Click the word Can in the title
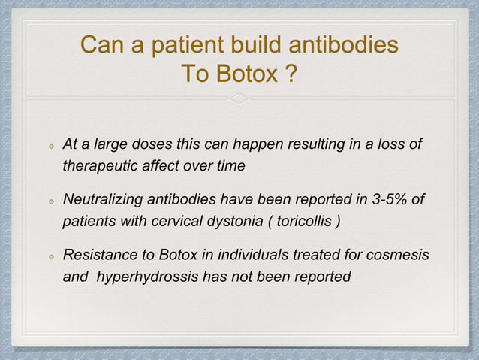pyautogui.click(x=103, y=47)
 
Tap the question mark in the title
pyautogui.click(x=290, y=75)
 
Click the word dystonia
pyautogui.click(x=235, y=222)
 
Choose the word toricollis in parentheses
pyautogui.click(x=304, y=222)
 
